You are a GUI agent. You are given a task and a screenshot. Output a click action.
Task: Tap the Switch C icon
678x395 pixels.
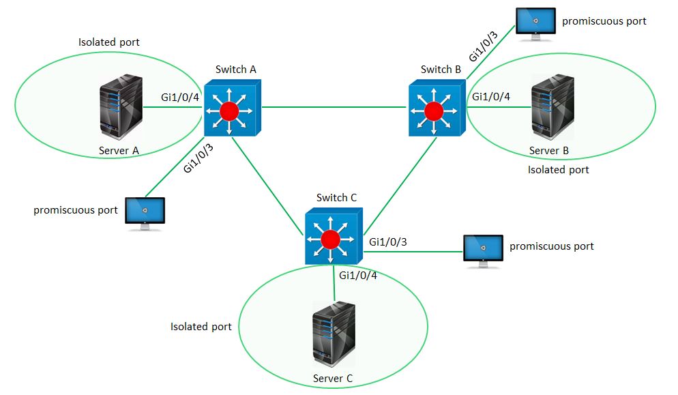click(x=332, y=237)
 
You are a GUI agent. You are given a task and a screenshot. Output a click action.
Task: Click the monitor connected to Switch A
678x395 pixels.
click(x=145, y=213)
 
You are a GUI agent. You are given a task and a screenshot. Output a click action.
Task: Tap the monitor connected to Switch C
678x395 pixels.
click(x=483, y=250)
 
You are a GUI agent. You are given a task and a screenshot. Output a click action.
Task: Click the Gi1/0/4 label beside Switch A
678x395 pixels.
click(x=180, y=97)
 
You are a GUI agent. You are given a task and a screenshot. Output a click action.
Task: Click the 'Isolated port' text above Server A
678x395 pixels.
click(x=109, y=42)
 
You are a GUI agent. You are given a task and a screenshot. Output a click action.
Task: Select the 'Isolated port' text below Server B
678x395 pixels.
click(x=558, y=169)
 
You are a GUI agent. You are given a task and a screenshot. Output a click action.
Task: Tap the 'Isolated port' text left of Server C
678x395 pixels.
click(x=201, y=327)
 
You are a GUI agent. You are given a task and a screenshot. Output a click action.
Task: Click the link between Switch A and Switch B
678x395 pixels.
click(x=334, y=107)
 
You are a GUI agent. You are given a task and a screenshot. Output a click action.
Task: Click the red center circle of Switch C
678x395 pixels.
click(x=331, y=239)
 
